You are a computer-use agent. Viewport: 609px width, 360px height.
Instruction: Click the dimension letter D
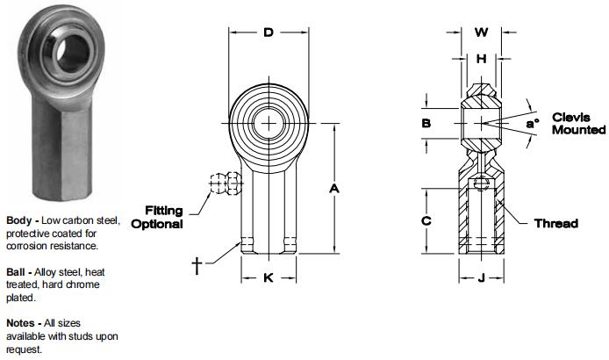point(269,34)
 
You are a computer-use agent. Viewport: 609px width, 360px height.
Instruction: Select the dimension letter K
point(269,278)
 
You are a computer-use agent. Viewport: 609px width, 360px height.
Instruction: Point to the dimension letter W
point(481,33)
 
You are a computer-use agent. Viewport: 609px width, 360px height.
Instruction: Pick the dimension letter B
point(426,124)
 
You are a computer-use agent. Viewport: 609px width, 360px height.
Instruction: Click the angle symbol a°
point(532,124)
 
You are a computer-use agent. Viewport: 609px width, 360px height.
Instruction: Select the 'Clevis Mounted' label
point(578,123)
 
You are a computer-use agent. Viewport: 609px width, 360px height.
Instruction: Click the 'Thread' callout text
point(556,223)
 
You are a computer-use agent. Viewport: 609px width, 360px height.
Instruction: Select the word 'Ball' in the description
point(17,272)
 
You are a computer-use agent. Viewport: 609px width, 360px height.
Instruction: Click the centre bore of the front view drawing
point(269,125)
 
